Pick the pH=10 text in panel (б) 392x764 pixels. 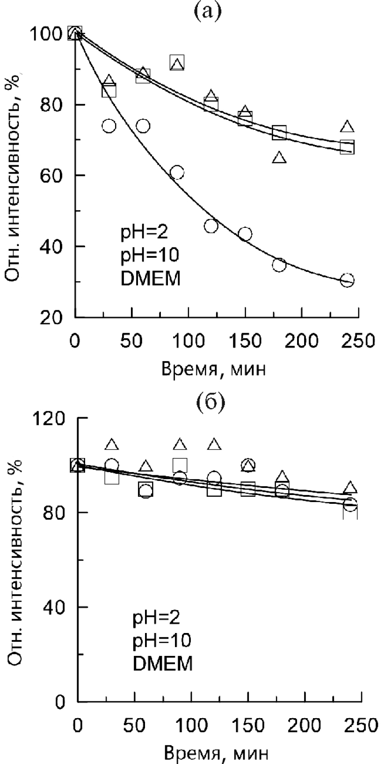pos(162,640)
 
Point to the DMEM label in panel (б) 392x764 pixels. pos(162,663)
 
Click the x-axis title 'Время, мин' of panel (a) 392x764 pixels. pos(214,369)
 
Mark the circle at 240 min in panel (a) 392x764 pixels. pos(347,280)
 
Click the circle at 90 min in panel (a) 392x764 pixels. pos(177,173)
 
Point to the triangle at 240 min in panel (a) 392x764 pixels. pos(347,126)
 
